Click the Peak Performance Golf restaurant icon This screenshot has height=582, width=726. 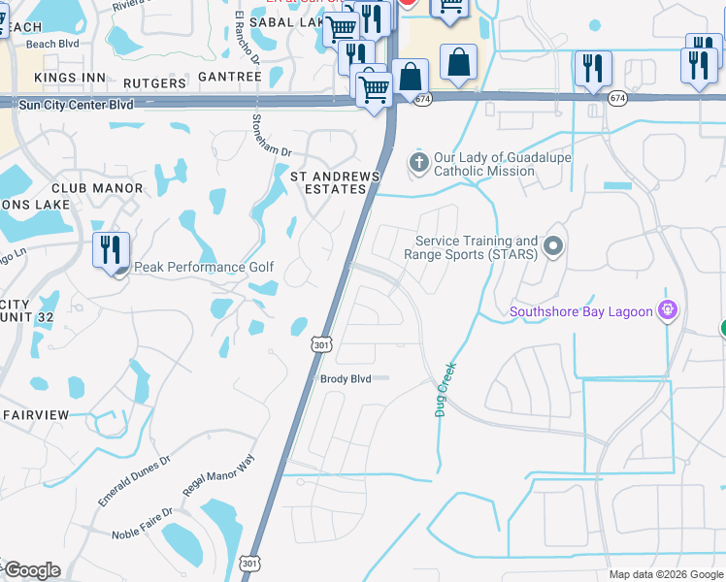[x=111, y=250]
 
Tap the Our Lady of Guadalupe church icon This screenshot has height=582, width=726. [x=418, y=161]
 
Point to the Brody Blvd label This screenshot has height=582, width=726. [x=346, y=379]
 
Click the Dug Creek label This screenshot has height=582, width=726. [x=445, y=390]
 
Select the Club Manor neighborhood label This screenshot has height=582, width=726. [x=97, y=188]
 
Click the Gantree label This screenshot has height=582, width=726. [x=230, y=77]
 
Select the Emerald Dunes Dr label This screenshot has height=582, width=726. [x=134, y=482]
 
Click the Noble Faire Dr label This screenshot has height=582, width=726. [x=142, y=523]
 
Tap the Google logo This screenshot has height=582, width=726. [x=32, y=570]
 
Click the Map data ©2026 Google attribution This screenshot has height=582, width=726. [x=665, y=574]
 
